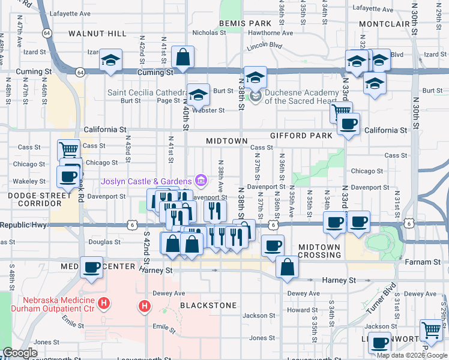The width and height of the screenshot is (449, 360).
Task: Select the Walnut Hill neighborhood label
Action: (98, 33)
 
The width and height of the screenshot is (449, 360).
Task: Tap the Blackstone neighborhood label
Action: (208, 305)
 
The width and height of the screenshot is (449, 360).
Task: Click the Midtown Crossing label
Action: (319, 251)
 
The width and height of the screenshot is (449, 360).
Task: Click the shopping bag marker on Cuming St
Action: (182, 58)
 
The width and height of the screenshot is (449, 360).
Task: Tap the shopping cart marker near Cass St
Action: (69, 149)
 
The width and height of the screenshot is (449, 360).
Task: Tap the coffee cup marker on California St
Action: (348, 125)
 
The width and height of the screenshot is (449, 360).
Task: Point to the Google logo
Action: (20, 353)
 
